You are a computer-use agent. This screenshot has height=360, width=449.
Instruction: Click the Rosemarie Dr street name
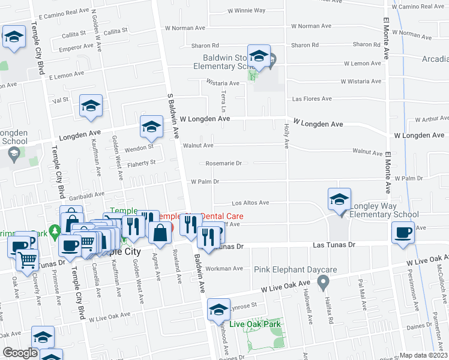pos(223,163)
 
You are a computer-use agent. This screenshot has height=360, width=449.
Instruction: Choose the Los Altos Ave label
pos(250,203)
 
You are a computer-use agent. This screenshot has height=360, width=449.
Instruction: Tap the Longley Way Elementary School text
pos(384,210)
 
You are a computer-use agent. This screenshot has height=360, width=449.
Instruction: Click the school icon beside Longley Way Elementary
pos(339,199)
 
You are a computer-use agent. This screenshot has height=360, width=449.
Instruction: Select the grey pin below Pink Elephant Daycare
pos(324,281)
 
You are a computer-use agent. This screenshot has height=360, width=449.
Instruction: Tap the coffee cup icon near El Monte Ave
pos(403,232)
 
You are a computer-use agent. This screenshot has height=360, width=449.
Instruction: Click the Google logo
pos(20,353)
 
